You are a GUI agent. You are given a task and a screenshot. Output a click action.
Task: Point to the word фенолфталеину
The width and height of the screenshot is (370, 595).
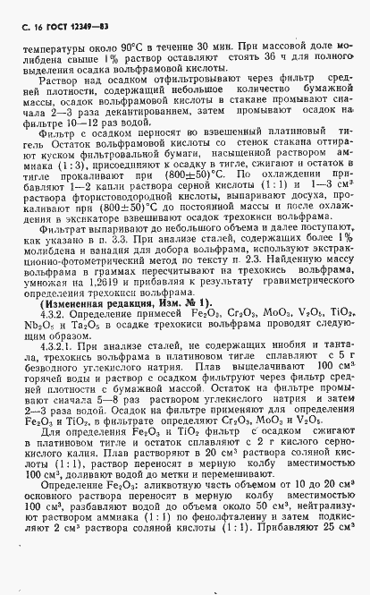pos(231,566)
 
